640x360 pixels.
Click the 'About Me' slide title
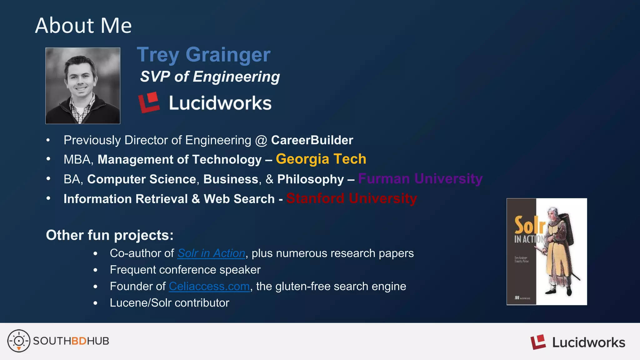(83, 26)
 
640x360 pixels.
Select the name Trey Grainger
(203, 55)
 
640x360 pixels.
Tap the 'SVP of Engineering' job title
(210, 77)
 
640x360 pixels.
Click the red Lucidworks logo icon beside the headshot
(149, 102)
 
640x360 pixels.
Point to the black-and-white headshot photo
(83, 86)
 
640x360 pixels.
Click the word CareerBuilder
(312, 140)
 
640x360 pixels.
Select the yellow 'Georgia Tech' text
(321, 159)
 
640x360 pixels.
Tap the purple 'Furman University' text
(420, 179)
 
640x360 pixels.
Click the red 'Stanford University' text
(351, 198)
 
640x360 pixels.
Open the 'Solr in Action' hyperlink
(211, 253)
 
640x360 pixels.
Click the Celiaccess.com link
(209, 287)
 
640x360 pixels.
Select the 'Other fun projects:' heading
(110, 235)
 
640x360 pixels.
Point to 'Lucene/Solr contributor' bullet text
(169, 303)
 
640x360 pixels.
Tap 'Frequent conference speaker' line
(185, 270)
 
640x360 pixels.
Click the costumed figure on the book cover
(559, 250)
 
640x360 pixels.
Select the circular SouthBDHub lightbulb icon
(19, 341)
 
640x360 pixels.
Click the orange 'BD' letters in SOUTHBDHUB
(79, 341)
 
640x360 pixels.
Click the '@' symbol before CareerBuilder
(261, 141)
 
